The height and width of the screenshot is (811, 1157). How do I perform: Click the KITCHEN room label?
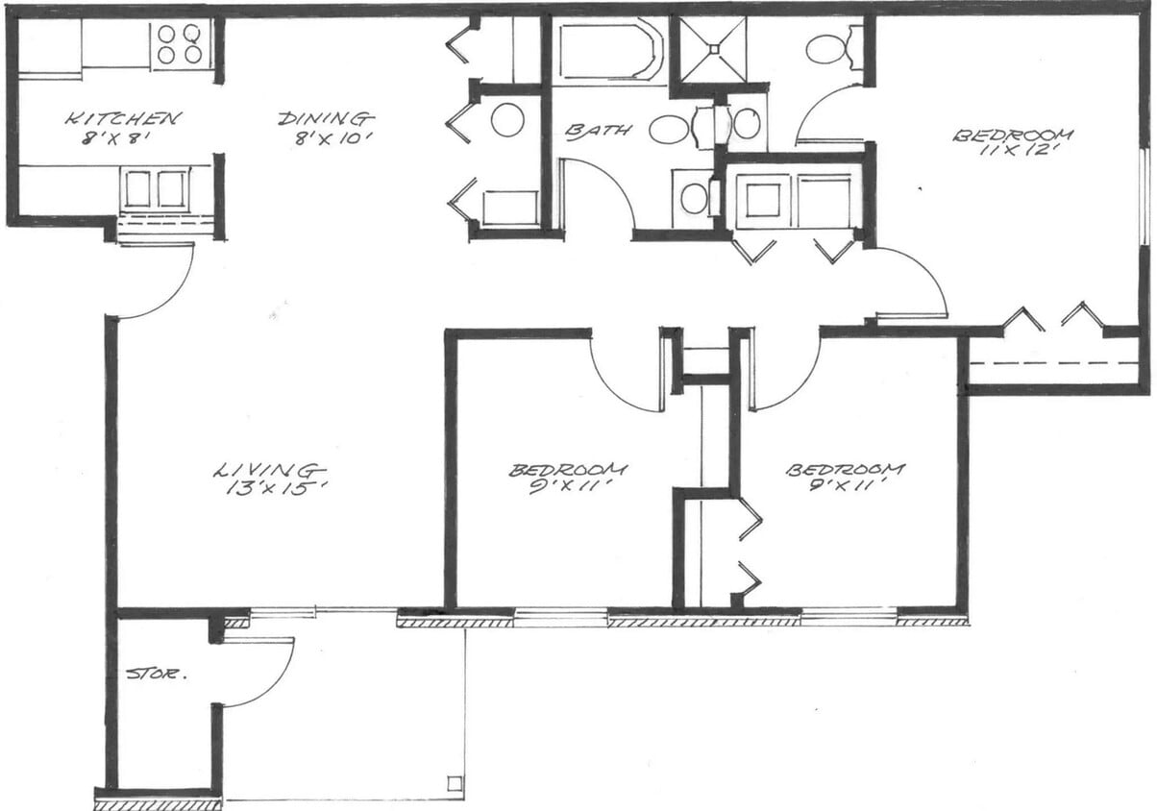click(x=122, y=119)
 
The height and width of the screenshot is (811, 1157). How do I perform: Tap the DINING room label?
click(x=325, y=119)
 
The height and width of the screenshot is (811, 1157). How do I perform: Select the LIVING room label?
click(x=267, y=470)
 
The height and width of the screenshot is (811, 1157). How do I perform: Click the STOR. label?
click(x=157, y=675)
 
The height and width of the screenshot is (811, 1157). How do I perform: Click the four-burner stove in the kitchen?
click(x=181, y=44)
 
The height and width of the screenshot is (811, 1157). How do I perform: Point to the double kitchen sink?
click(x=154, y=188)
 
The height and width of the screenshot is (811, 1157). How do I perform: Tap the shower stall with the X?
click(x=713, y=49)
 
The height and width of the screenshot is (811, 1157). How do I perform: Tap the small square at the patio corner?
click(x=453, y=784)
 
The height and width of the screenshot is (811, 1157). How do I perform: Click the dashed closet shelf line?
click(x=1052, y=363)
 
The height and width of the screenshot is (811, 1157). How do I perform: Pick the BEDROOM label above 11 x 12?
click(x=1012, y=135)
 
